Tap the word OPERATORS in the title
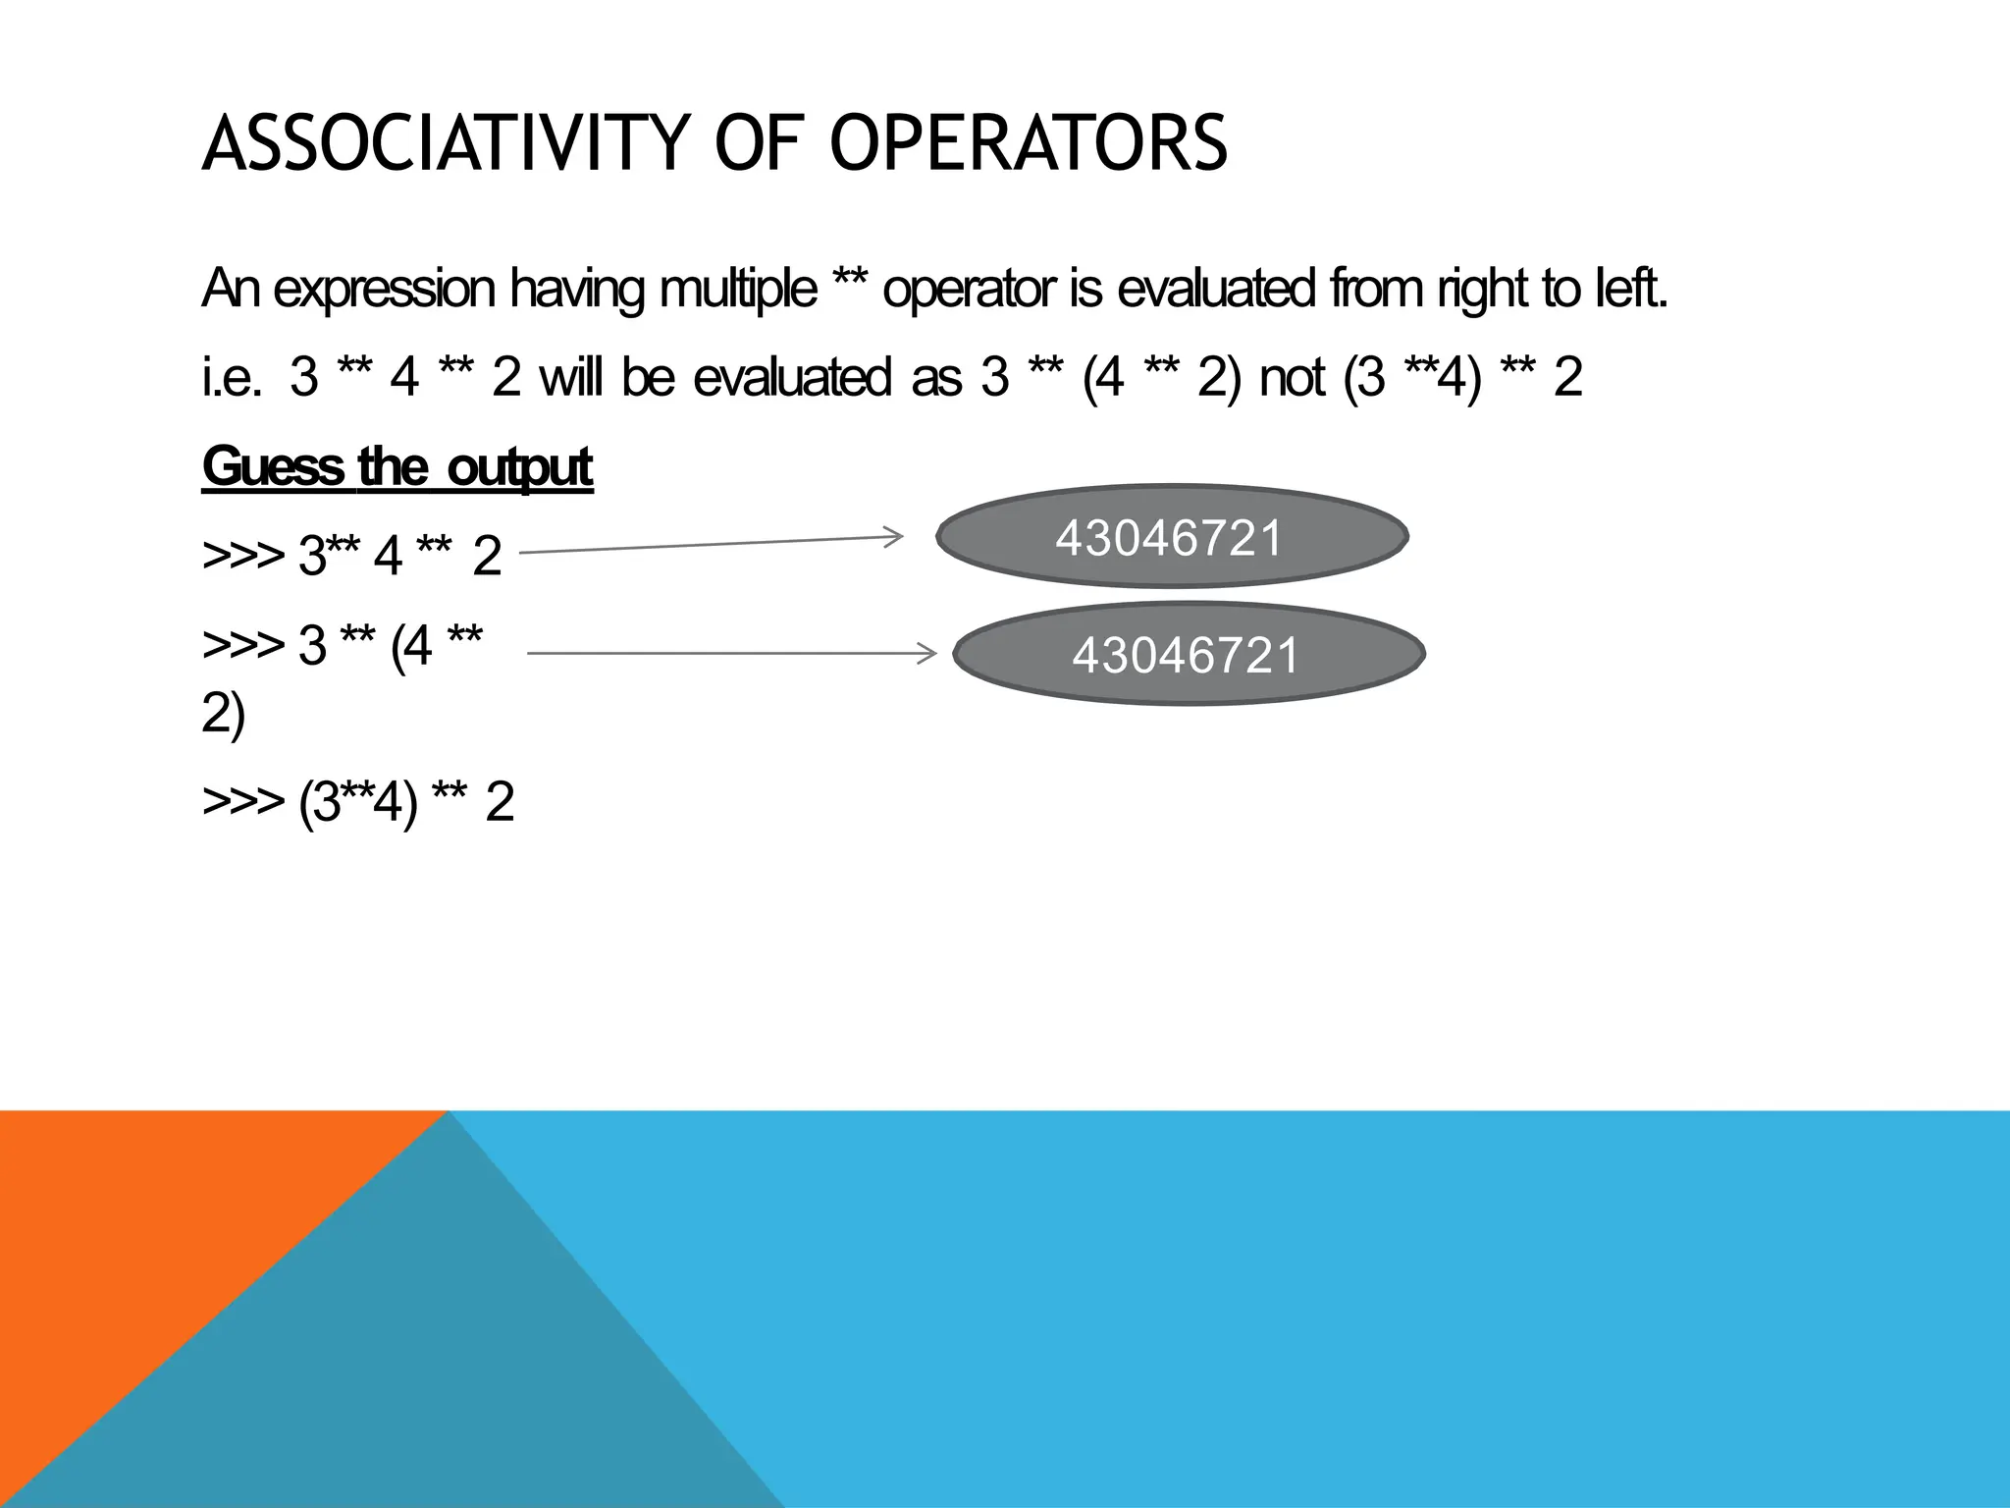[1029, 144]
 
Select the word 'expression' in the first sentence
[384, 290]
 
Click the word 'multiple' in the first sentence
[738, 290]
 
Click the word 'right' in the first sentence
[1481, 290]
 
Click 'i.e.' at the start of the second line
[232, 378]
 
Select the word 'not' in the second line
[1293, 378]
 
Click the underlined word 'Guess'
[272, 466]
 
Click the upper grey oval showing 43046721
[1172, 537]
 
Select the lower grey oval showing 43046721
[1188, 654]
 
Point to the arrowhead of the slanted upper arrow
[893, 536]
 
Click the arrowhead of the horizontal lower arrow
[928, 653]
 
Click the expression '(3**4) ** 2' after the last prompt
[406, 802]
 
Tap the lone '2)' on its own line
[223, 714]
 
